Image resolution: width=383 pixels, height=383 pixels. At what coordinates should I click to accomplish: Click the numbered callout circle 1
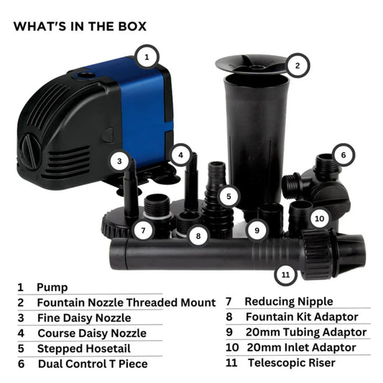tap(147, 55)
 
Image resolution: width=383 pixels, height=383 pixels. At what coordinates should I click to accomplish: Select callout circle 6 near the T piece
tap(343, 154)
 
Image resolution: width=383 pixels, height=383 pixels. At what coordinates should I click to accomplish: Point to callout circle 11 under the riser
tap(287, 274)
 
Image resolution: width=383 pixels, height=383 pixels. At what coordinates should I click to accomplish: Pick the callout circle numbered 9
tap(256, 230)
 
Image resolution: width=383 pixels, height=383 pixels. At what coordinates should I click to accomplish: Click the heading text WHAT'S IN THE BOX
tap(80, 26)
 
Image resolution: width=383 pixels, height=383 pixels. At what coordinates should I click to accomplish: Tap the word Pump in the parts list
tap(52, 287)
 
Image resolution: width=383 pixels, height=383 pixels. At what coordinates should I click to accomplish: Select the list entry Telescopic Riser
tap(290, 362)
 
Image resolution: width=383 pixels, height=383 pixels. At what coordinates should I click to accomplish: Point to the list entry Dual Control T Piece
tap(92, 364)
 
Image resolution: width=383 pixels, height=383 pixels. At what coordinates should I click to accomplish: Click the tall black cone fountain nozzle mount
tap(256, 137)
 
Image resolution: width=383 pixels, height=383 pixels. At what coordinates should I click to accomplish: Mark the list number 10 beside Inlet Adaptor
tap(233, 347)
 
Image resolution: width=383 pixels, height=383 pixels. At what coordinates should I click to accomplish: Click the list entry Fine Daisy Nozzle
tap(84, 317)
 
